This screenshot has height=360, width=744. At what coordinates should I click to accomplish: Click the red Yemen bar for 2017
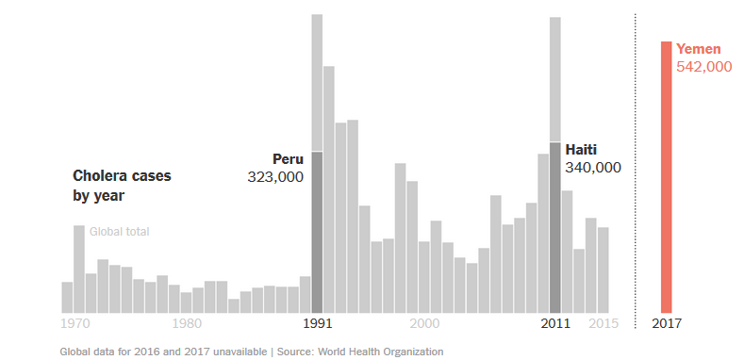666,177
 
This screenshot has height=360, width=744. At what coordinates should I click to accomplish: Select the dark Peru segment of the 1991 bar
317,233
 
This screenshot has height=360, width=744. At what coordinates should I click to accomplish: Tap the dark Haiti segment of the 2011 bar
555,228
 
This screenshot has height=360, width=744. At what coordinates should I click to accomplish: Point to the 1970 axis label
75,324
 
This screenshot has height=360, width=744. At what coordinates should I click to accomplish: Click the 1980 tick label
187,324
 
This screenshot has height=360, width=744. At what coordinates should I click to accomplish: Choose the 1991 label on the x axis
318,324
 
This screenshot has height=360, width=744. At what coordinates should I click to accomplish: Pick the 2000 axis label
424,324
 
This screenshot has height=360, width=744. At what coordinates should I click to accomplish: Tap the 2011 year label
555,324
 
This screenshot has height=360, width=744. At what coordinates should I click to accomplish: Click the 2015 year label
603,324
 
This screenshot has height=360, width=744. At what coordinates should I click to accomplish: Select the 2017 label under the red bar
667,324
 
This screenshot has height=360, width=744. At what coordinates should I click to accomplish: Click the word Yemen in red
699,49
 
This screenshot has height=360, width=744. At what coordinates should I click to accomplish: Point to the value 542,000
704,67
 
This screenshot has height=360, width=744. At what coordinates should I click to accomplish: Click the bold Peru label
288,159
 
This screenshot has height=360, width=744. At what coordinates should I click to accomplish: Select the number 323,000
275,177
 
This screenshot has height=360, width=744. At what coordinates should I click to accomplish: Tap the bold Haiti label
581,150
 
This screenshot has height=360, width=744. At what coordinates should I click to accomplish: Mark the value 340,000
593,168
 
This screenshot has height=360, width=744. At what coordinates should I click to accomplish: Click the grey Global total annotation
120,232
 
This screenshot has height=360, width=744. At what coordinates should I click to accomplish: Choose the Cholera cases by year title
122,186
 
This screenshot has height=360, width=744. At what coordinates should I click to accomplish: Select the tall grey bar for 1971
79,270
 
